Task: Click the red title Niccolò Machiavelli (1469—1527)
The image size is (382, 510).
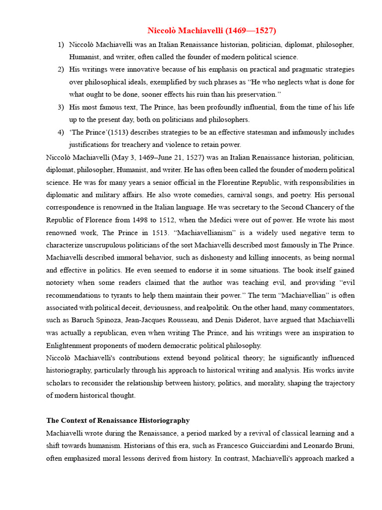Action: (211, 31)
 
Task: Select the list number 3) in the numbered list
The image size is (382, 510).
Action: (61, 107)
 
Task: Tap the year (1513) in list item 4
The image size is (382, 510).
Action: (113, 132)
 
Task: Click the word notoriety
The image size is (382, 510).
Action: (62, 283)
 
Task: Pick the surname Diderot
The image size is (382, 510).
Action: (246, 320)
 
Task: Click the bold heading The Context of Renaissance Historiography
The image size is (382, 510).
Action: (118, 420)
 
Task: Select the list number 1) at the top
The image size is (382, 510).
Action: (61, 44)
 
